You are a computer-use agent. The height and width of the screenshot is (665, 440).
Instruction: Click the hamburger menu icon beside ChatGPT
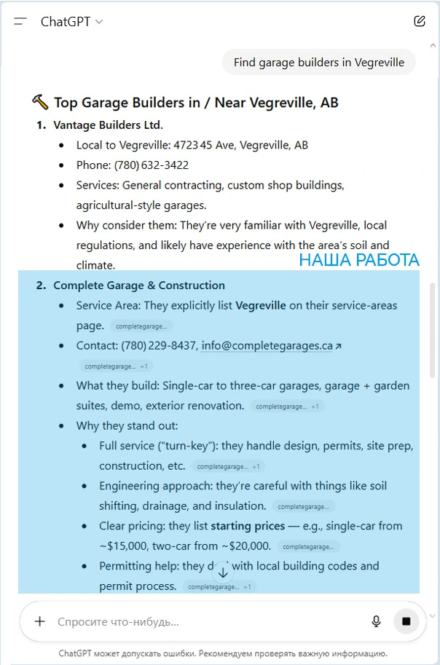click(x=20, y=21)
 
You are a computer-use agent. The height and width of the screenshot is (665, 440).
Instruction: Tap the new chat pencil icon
click(x=419, y=21)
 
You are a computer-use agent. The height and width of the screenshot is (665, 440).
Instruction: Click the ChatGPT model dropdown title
click(x=71, y=21)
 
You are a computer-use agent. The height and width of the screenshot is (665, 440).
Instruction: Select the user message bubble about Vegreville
click(x=318, y=63)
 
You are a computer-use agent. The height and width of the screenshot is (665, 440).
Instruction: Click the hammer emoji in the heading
click(x=40, y=103)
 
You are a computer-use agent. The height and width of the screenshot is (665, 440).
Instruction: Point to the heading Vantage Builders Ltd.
click(x=108, y=125)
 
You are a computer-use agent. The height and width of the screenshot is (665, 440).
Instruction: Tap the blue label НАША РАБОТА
click(x=359, y=260)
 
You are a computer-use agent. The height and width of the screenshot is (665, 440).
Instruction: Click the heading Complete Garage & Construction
click(x=139, y=286)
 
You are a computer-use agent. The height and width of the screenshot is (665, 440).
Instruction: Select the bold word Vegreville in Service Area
click(x=261, y=305)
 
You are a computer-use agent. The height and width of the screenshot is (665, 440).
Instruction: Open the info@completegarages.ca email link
click(x=267, y=346)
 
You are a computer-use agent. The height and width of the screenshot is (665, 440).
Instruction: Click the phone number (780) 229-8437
click(x=159, y=346)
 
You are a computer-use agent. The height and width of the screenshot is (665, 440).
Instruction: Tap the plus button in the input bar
click(x=40, y=621)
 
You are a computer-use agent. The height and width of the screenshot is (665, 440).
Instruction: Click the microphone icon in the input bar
click(x=376, y=621)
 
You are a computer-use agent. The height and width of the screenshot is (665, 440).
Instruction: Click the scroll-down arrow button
click(x=223, y=572)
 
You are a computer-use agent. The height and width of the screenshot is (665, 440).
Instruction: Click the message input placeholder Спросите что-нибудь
click(x=118, y=622)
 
